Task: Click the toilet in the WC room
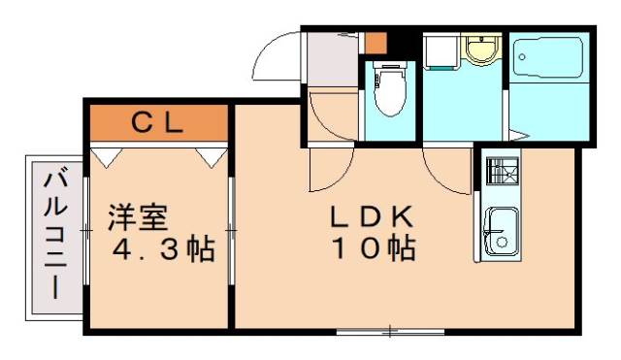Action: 389,91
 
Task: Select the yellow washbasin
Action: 478,49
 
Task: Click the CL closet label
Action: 158,122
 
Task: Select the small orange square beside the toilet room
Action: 376,44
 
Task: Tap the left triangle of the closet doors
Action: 106,154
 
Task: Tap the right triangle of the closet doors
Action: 209,154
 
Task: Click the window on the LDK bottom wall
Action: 388,332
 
